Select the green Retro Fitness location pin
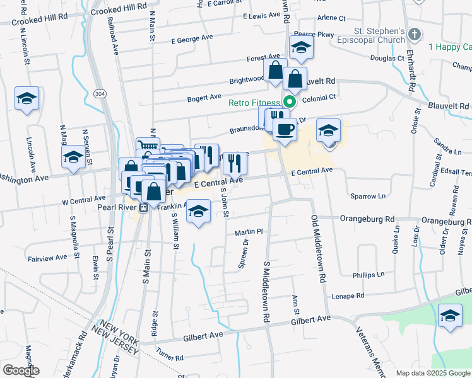point(290,102)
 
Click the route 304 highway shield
point(99,93)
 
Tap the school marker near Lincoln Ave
point(27,99)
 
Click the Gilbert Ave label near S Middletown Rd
point(310,319)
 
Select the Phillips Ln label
point(369,275)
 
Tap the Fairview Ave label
point(47,258)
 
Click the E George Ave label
point(192,38)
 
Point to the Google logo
point(21,370)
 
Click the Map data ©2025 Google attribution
point(432,373)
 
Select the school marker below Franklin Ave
point(199,213)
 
